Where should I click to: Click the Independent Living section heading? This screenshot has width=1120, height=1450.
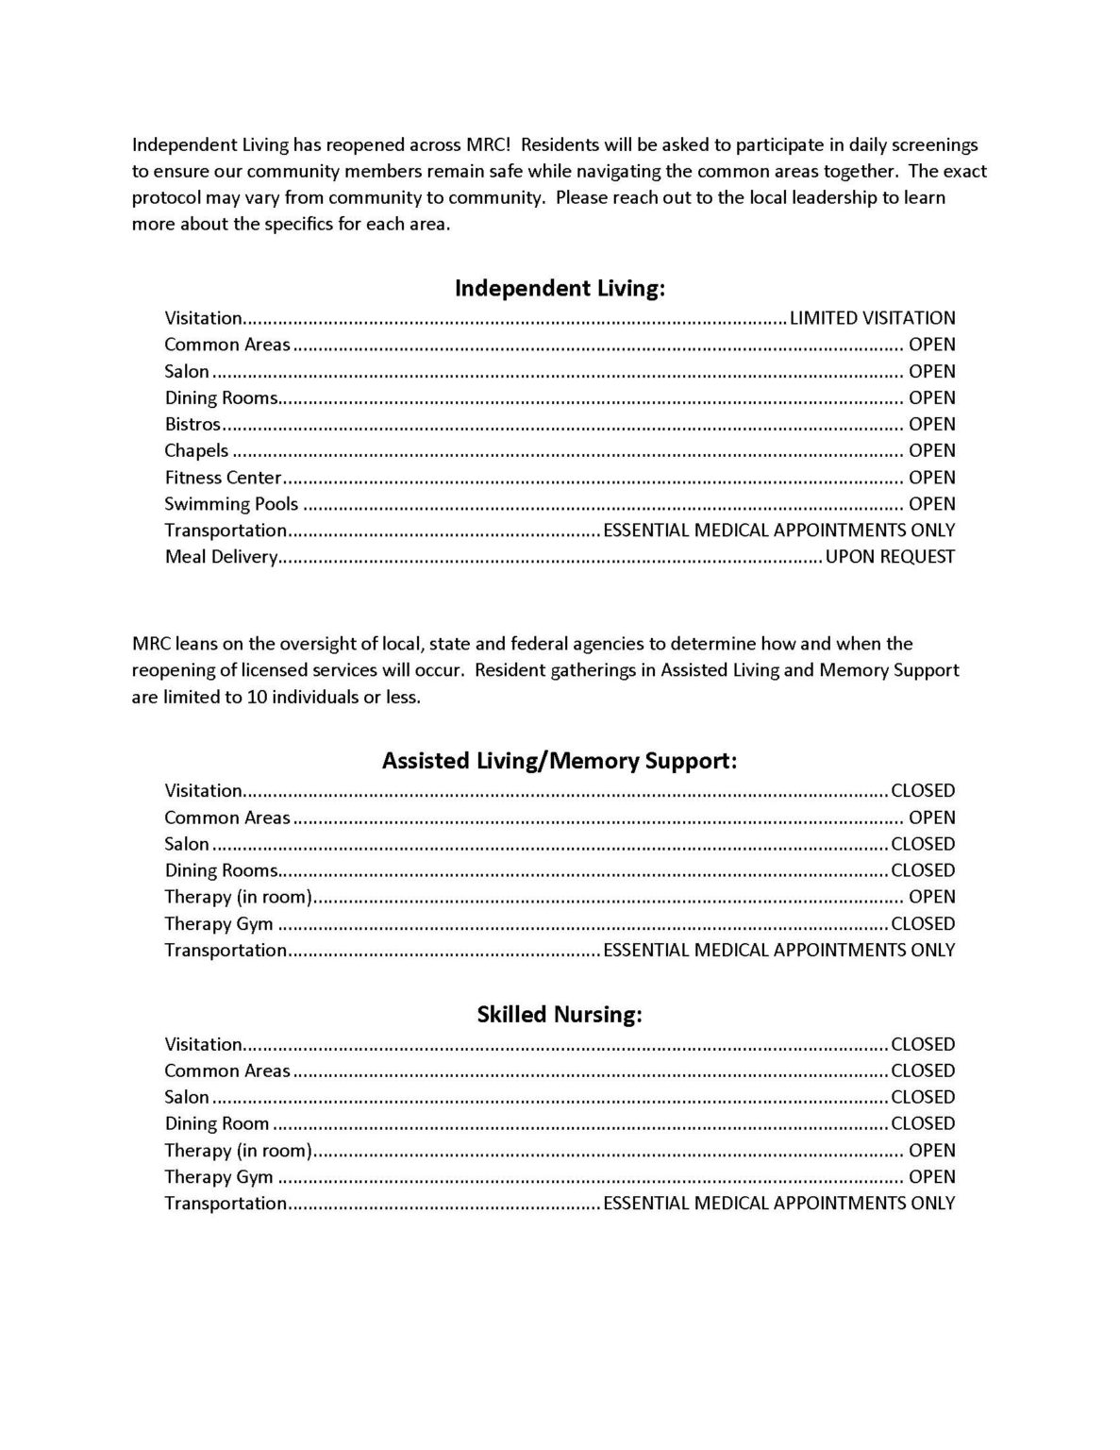(560, 288)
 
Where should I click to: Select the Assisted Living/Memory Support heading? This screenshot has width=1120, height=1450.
(560, 761)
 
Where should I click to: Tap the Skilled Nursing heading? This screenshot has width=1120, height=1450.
(560, 1015)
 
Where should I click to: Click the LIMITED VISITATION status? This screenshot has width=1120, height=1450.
(872, 318)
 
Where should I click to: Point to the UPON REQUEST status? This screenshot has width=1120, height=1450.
(890, 557)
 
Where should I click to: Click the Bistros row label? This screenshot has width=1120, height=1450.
(192, 424)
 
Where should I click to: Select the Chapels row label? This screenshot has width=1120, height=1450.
(196, 450)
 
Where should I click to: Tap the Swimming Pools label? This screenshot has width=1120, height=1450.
(231, 504)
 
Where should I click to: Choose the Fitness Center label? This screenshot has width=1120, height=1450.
(223, 478)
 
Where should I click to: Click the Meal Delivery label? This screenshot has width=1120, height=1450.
(221, 557)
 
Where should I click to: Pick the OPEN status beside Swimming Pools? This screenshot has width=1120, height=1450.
(931, 504)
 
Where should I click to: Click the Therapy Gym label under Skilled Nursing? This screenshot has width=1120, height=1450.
(219, 1177)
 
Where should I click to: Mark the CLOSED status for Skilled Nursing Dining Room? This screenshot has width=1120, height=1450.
(923, 1123)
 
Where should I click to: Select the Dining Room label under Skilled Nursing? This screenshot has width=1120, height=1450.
(217, 1123)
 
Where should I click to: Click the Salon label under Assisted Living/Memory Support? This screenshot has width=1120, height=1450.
(187, 844)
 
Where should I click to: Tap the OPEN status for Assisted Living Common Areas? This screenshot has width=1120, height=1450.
(931, 818)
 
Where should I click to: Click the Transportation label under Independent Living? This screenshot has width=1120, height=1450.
(226, 531)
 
